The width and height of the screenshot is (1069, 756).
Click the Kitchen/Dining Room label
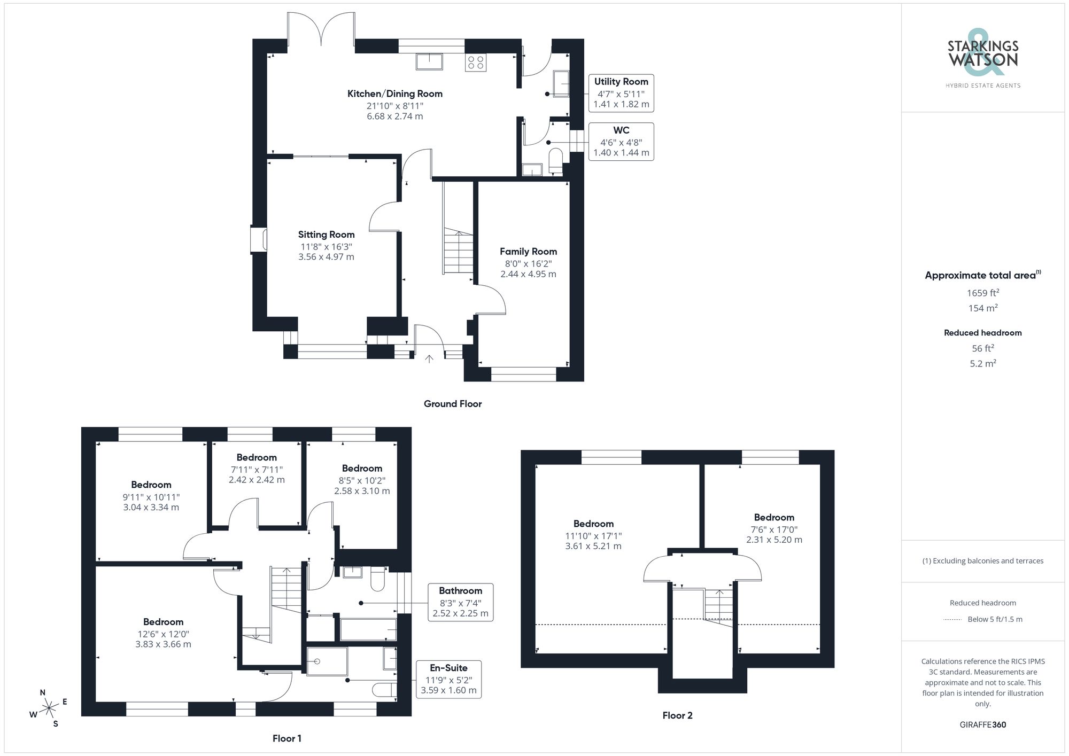(x=395, y=94)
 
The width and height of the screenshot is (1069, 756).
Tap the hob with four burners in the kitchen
(x=475, y=63)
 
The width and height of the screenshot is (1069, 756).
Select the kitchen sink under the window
(x=429, y=61)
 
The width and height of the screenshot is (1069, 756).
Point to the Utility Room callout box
(x=621, y=93)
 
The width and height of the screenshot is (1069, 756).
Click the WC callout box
(x=621, y=142)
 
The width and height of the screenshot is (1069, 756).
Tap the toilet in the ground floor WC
(x=556, y=161)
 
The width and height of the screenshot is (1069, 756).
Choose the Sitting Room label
(x=326, y=235)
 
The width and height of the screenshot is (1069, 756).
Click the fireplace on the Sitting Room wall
(x=259, y=239)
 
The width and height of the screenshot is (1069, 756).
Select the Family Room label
(x=528, y=252)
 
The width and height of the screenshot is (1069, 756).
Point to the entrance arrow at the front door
(x=429, y=358)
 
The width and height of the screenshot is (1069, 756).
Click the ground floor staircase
(x=458, y=252)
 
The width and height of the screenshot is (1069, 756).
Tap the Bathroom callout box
(x=460, y=602)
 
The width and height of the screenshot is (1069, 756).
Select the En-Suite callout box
(x=448, y=679)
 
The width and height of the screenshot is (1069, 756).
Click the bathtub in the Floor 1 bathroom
(x=368, y=630)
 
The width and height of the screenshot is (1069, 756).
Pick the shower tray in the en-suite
(x=327, y=661)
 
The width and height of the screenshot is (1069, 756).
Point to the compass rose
(x=49, y=708)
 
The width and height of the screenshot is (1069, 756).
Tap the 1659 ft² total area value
(x=982, y=293)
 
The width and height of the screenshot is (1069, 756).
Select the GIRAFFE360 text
(x=982, y=725)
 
